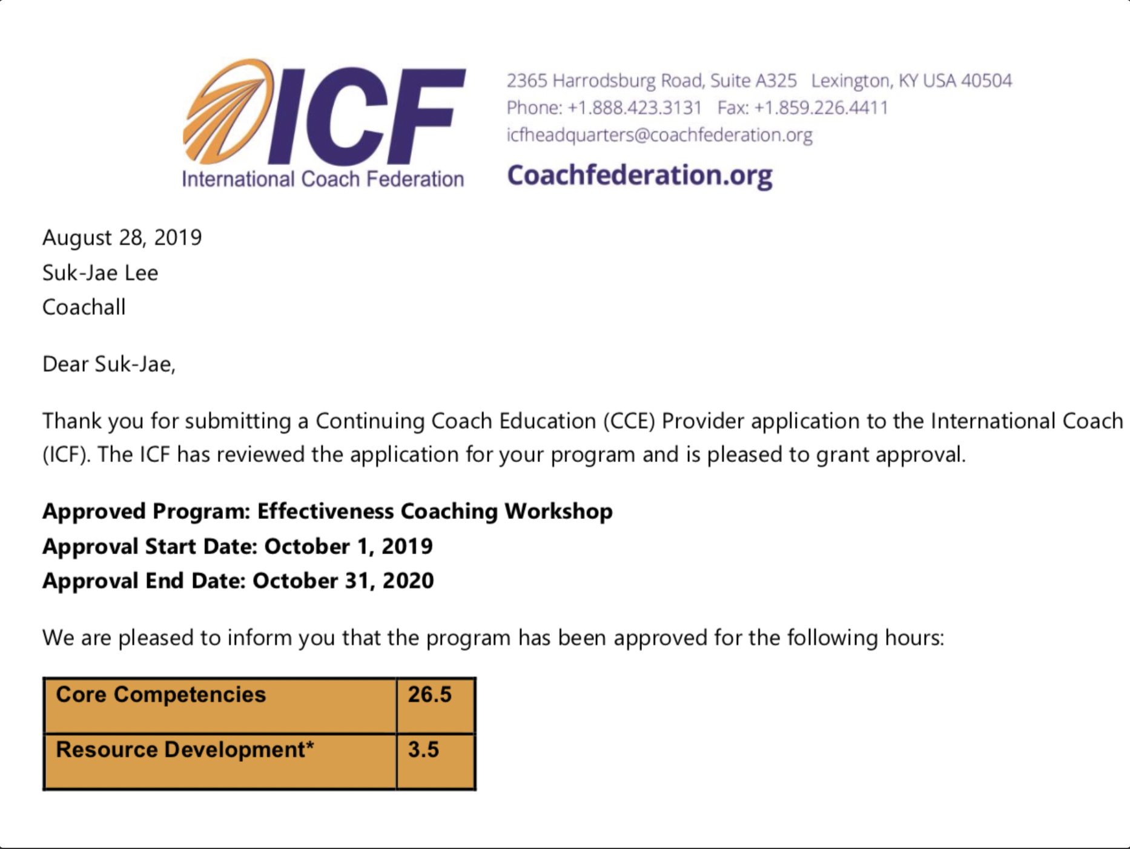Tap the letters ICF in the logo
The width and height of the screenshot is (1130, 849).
coord(366,116)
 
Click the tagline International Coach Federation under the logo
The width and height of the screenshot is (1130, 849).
coord(323,179)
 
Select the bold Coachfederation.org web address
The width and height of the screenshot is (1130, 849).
coord(639,176)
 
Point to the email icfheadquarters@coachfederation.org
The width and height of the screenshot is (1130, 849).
coord(659,135)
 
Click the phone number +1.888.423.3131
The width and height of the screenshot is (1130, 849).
coord(635,108)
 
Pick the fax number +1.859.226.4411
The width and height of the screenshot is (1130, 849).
coord(821,108)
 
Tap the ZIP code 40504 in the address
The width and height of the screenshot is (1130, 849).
coord(986,81)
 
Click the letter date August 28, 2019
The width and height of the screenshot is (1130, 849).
coord(122,238)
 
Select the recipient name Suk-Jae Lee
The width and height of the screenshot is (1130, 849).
coord(100,273)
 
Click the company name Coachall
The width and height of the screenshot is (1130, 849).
coord(84,307)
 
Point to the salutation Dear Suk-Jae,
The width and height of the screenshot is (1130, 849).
coord(109,364)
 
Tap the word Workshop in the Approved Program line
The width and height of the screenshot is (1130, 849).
coord(558,512)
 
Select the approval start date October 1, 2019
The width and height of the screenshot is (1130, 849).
coord(349,546)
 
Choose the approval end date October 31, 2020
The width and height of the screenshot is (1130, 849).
coord(343,581)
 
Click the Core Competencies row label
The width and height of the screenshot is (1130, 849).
coord(160,695)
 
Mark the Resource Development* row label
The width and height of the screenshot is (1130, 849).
coord(185,750)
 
